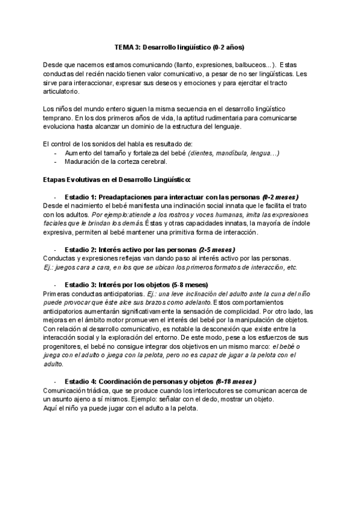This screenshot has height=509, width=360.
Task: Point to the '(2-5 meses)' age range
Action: coord(217,249)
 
